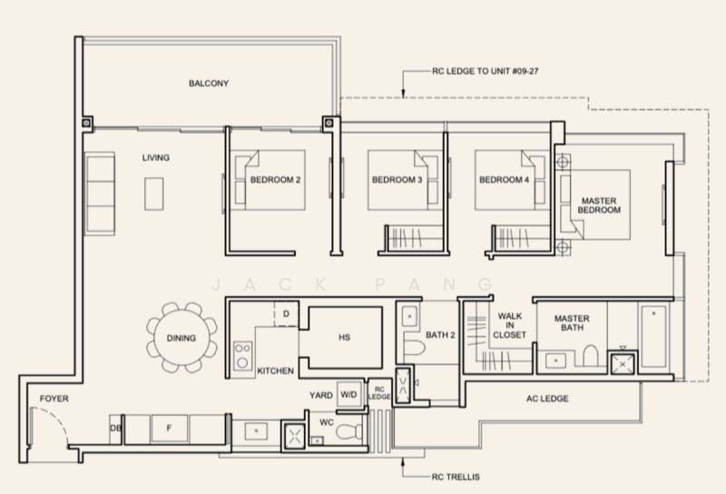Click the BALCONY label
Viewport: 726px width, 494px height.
[209, 84]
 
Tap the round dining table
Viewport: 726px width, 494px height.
[181, 338]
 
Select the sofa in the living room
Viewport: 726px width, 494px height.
[100, 192]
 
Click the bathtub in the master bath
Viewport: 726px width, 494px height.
[652, 335]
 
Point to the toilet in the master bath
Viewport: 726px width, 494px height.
[590, 357]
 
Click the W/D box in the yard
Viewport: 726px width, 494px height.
[348, 396]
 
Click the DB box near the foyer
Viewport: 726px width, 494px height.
[115, 428]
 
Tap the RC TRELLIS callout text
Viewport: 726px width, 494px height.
[456, 475]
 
